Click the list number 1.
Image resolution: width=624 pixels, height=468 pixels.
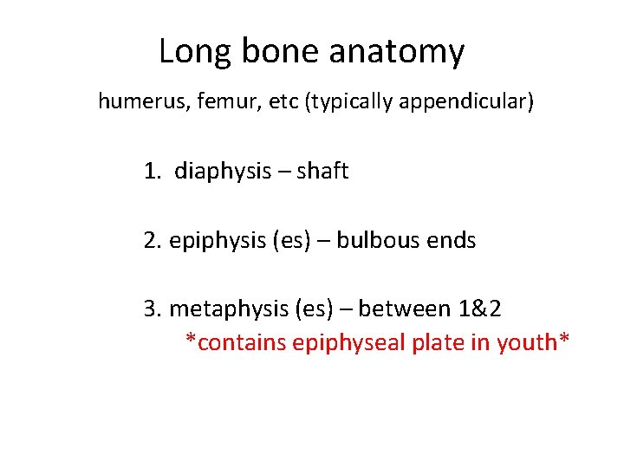click(152, 172)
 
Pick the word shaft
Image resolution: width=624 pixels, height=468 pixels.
click(322, 172)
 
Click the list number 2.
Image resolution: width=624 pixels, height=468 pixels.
click(152, 240)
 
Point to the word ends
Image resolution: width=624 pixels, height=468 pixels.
click(452, 240)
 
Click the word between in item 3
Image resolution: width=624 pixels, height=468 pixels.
click(399, 309)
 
